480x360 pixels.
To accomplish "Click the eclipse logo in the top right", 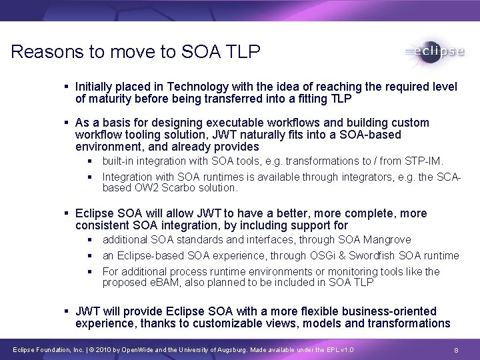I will click(x=434, y=53).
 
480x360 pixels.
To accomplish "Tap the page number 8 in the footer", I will click(x=455, y=350).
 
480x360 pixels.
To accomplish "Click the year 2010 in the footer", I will click(x=107, y=350).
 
